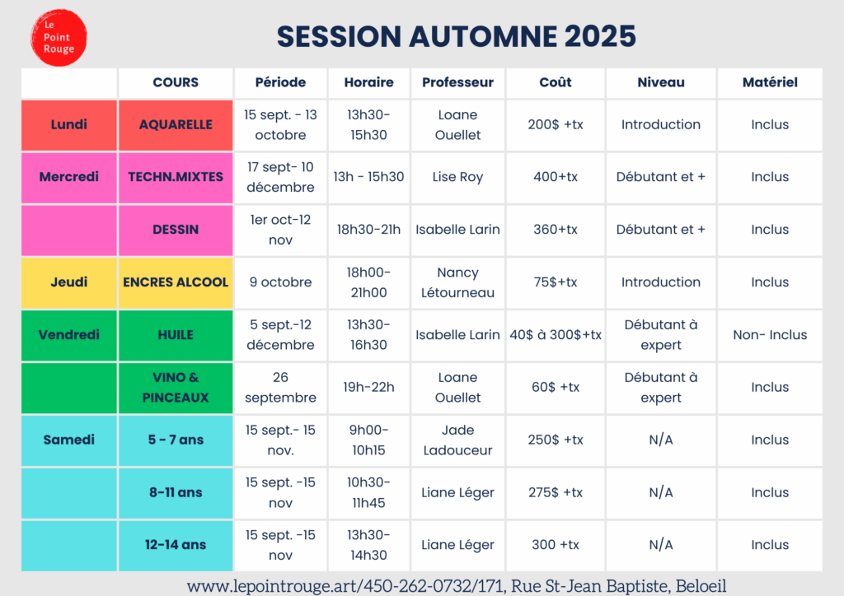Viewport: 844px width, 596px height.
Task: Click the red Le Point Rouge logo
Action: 59,38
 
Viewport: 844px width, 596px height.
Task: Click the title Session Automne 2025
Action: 457,36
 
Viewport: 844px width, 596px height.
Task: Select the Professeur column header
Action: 457,82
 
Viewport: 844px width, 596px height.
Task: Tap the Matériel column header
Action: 770,82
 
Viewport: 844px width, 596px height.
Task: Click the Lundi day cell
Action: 69,124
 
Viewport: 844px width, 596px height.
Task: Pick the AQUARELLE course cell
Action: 176,124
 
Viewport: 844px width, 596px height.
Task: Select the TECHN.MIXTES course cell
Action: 176,177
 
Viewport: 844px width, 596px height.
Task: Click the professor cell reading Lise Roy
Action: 457,177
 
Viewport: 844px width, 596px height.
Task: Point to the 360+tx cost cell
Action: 556,230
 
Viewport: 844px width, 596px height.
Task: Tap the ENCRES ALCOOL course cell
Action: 176,282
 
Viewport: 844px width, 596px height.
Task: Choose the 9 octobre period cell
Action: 280,282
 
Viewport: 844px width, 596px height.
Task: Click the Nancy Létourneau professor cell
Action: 457,282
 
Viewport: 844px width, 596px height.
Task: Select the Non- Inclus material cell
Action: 770,335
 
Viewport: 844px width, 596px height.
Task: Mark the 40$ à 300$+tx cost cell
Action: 556,335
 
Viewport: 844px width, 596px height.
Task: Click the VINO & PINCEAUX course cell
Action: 176,388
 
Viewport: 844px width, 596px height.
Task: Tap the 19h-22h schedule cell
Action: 368,388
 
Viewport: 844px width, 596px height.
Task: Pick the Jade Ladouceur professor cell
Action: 457,440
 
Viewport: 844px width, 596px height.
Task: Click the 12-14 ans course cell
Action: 176,546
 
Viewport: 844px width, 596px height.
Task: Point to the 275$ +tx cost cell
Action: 556,492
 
